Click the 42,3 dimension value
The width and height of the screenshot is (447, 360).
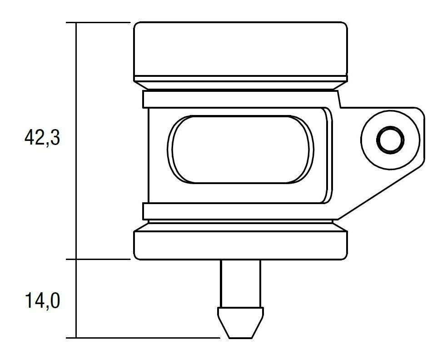click(42, 138)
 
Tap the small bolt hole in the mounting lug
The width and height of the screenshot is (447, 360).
click(390, 140)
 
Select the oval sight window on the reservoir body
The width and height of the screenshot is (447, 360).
click(241, 149)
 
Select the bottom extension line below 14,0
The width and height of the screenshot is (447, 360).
click(145, 338)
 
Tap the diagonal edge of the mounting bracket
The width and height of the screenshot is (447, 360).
click(382, 191)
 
